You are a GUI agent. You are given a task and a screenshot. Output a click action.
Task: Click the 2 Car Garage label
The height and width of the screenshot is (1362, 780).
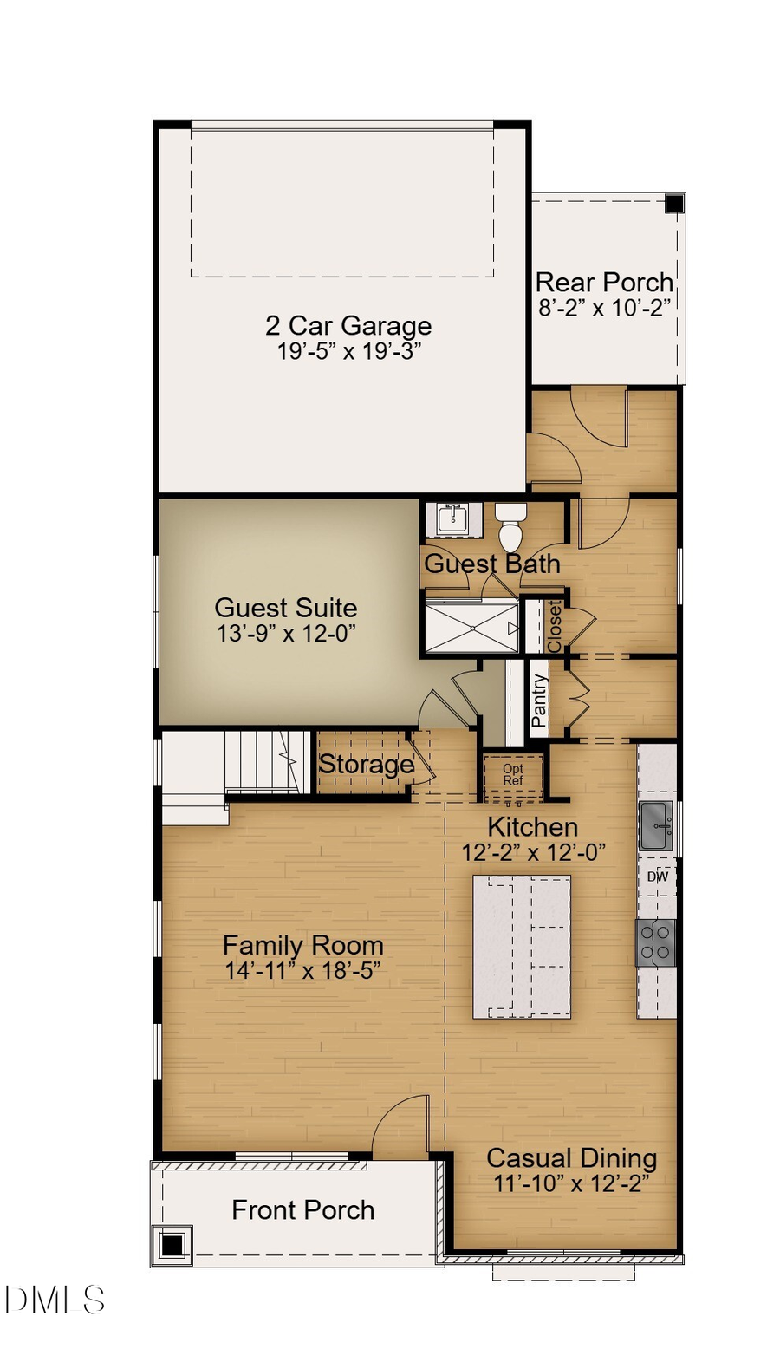(x=348, y=326)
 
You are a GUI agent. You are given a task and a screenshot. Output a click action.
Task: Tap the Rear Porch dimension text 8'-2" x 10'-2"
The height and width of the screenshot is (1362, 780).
(x=604, y=308)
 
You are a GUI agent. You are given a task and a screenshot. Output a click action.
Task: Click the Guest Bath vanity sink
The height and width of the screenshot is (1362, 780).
(x=452, y=519)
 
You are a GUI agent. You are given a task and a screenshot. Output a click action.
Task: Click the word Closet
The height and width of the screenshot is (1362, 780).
(x=554, y=626)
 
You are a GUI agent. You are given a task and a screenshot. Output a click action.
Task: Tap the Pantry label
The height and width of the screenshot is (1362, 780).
(x=539, y=701)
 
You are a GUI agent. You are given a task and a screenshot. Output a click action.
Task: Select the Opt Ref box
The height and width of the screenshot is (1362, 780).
(x=513, y=775)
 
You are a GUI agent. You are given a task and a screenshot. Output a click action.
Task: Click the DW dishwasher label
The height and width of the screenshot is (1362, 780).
(x=658, y=877)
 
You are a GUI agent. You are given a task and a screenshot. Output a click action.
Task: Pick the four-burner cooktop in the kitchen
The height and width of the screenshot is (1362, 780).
(x=656, y=943)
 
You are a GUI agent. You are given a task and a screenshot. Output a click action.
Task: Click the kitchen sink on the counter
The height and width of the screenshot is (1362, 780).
(x=655, y=825)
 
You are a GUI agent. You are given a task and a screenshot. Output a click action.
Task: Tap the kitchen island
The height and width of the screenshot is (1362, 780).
(x=522, y=947)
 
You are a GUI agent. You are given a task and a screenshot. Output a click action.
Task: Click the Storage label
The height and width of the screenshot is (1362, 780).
(x=366, y=765)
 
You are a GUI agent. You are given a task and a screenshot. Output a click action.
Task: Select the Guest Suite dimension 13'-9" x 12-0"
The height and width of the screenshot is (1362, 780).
(x=286, y=634)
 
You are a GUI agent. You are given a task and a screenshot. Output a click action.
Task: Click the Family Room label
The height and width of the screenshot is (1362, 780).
(x=302, y=945)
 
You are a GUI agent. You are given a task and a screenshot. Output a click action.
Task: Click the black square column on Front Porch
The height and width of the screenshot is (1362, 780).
(x=172, y=1246)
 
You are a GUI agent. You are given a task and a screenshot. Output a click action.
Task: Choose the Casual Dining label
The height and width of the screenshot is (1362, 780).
(x=571, y=1158)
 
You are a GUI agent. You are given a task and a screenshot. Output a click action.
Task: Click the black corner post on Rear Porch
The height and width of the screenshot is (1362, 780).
(x=674, y=204)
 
